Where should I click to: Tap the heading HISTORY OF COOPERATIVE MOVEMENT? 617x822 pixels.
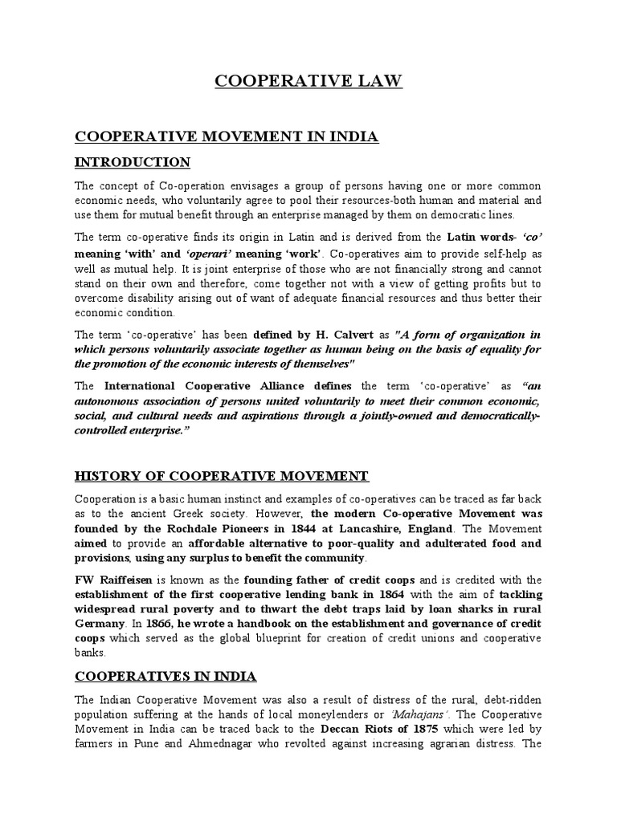click(x=221, y=476)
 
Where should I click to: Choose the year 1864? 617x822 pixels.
click(x=412, y=595)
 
